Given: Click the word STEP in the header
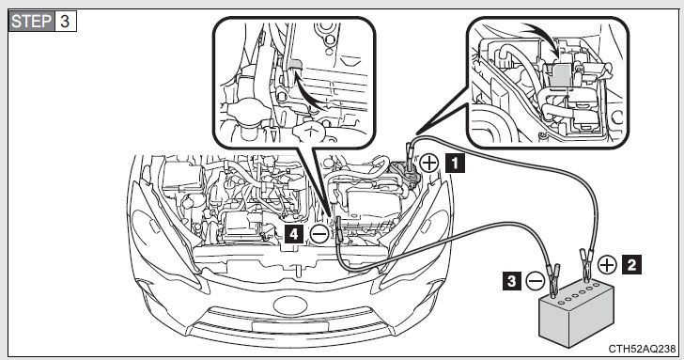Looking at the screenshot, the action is [x=31, y=21].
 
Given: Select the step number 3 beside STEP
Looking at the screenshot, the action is [x=65, y=21].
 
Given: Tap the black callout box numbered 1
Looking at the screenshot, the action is [x=455, y=164].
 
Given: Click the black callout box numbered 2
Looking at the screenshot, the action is [x=631, y=264].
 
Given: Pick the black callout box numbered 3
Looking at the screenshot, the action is [x=512, y=281].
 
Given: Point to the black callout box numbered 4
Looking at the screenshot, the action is [x=294, y=234].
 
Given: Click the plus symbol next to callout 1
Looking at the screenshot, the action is [x=429, y=164].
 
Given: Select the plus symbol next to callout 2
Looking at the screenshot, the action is [x=607, y=264].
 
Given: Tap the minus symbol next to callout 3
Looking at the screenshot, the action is [x=535, y=281].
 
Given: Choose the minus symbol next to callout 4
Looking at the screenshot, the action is [x=319, y=235].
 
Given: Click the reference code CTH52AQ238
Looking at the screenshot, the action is [x=642, y=349].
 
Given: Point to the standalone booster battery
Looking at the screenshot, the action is [x=576, y=313].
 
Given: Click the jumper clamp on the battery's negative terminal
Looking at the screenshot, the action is [x=554, y=279].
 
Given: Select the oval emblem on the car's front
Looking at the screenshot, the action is [x=290, y=305].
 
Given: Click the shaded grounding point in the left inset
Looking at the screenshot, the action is [x=294, y=65].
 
